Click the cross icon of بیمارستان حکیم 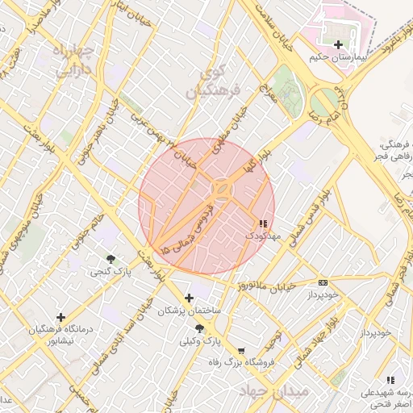(x=337, y=44)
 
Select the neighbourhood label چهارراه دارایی (x=74, y=60)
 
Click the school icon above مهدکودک (x=263, y=223)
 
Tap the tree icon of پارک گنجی (x=111, y=259)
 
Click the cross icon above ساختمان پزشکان (x=190, y=298)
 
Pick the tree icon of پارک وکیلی (x=199, y=329)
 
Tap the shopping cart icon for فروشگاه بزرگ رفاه (x=240, y=351)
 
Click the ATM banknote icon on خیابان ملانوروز (x=323, y=282)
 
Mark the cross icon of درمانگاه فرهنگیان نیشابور (x=60, y=317)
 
